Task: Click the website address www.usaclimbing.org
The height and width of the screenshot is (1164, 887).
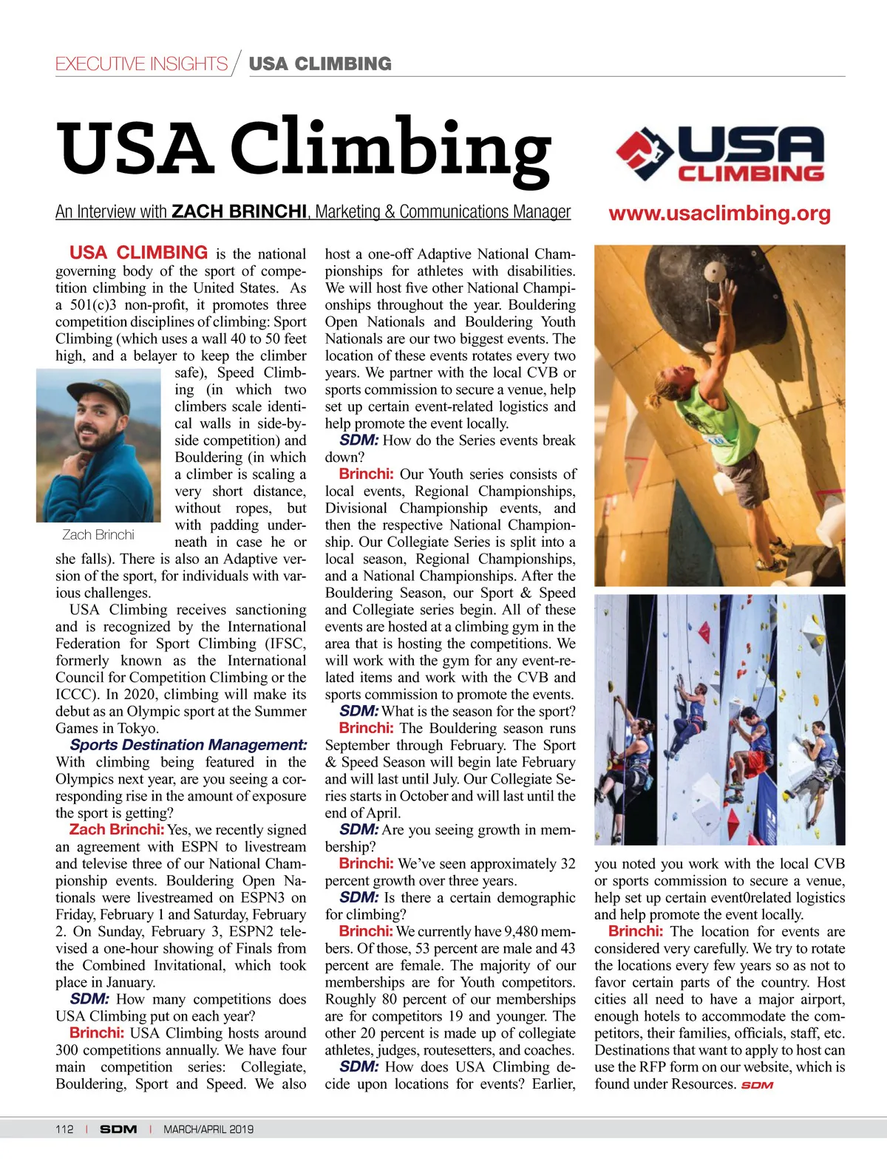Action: tap(719, 214)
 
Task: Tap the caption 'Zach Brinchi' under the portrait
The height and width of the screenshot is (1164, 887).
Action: tap(98, 534)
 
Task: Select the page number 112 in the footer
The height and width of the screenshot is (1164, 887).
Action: tap(64, 1129)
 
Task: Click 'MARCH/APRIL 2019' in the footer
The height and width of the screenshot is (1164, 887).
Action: tap(208, 1129)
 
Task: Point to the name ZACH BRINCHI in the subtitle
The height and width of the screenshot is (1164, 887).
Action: tap(239, 212)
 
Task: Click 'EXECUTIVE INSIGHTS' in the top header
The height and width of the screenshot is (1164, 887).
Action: tap(141, 64)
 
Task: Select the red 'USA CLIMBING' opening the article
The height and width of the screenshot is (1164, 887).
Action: tap(138, 253)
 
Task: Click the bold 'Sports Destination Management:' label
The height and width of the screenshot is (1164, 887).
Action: tap(188, 745)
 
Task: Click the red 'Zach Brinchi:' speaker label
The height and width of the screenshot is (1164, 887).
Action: tap(117, 830)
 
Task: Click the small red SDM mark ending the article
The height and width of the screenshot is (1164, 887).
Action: tap(757, 1085)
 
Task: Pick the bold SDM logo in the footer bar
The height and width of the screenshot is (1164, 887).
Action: tap(118, 1129)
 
